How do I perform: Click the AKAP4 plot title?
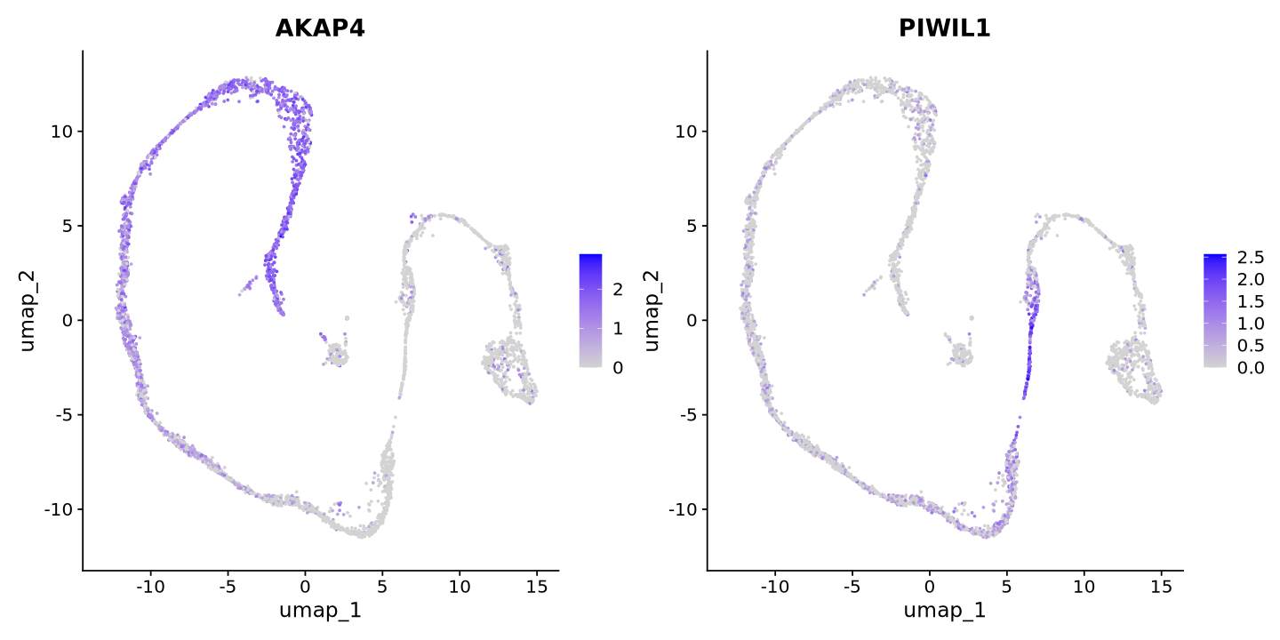320,28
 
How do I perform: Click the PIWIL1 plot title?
944,28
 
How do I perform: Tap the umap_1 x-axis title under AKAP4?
320,611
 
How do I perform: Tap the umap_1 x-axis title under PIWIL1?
944,611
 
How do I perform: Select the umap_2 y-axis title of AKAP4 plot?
28,310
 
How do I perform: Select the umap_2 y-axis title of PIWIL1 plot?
652,310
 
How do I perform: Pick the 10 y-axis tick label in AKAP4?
60,132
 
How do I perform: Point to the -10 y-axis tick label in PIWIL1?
682,509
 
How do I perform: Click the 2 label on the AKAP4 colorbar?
618,289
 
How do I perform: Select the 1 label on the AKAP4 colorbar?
618,329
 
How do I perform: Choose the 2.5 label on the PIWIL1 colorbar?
1250,259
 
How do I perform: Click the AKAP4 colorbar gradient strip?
590,310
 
